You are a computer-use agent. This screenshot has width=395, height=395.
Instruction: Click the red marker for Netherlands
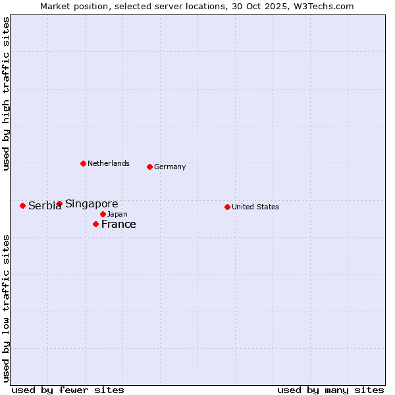pos(83,163)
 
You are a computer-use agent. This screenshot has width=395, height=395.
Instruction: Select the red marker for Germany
pos(149,167)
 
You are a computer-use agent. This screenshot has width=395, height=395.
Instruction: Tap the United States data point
pos(227,207)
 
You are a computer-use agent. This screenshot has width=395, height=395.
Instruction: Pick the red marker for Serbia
pos(22,205)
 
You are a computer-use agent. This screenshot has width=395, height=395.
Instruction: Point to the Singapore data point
pos(59,203)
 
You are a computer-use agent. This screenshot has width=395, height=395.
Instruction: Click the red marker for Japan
pos(103,214)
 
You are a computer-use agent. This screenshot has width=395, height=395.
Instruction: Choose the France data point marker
pos(95,224)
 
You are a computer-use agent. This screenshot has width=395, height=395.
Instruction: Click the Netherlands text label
pos(109,163)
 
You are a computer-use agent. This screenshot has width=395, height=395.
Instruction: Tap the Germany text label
pos(170,167)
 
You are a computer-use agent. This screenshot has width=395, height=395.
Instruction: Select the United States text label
pos(255,207)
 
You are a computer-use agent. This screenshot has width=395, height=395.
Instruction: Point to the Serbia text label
pos(44,206)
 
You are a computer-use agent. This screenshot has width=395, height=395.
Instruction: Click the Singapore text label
pos(92,204)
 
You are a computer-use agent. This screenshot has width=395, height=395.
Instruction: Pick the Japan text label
pos(117,215)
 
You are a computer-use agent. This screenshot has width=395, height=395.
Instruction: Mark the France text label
pos(118,224)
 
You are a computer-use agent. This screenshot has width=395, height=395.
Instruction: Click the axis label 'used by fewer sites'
pos(68,390)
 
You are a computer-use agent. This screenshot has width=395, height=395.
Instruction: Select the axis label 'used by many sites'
pos(330,390)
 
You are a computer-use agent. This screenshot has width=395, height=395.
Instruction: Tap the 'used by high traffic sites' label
pos(7,93)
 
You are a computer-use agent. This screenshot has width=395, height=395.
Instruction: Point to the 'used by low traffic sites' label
pos(7,307)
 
